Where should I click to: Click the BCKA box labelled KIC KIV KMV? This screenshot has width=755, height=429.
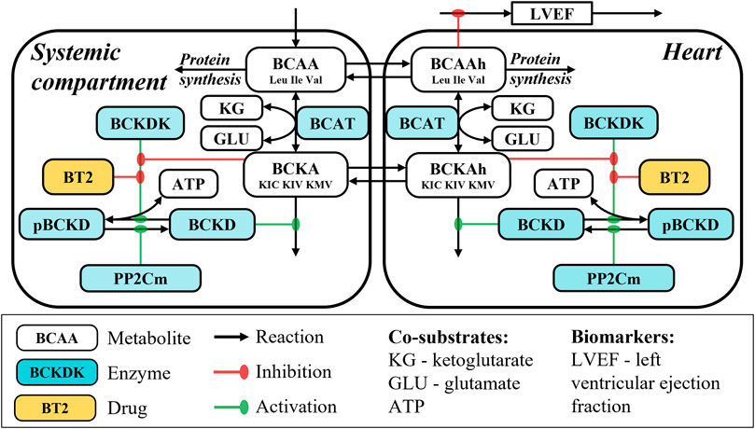tap(296, 173)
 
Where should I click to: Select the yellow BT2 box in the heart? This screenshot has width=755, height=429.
tap(670, 175)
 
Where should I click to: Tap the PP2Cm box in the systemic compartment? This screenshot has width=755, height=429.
tap(141, 277)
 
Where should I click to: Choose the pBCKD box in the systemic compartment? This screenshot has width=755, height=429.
tap(57, 225)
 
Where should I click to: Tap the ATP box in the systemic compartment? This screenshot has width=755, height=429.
tap(192, 184)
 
